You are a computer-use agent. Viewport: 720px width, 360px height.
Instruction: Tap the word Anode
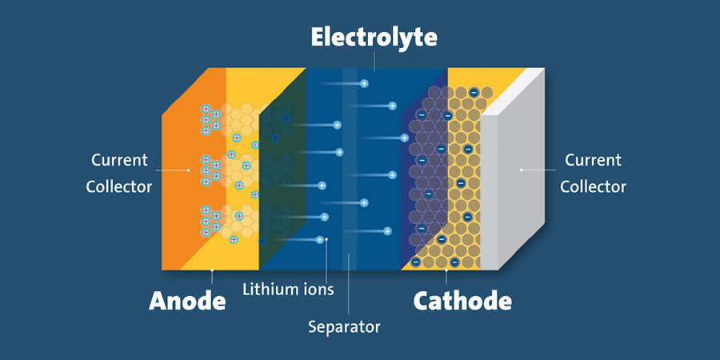click(x=187, y=301)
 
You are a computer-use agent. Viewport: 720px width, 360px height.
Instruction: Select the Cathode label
click(x=462, y=301)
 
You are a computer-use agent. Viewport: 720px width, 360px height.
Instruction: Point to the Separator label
click(x=344, y=327)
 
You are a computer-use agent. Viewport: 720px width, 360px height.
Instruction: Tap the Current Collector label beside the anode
click(x=119, y=173)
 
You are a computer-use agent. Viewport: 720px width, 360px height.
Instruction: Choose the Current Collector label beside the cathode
click(x=593, y=173)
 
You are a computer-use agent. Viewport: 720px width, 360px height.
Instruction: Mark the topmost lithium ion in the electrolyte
click(x=364, y=83)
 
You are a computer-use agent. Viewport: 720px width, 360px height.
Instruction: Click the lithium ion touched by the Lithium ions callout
click(x=320, y=240)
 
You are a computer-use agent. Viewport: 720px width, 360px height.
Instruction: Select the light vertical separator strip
click(x=350, y=169)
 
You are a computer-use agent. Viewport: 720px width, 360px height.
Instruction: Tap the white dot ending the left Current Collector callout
click(x=188, y=170)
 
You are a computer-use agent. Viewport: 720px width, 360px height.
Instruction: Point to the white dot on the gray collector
click(x=521, y=170)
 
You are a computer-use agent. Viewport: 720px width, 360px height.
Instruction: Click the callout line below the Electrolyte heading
click(x=374, y=61)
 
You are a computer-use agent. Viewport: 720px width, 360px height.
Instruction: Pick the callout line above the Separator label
click(x=349, y=284)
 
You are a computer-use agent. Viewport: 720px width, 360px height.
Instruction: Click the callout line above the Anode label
click(x=212, y=277)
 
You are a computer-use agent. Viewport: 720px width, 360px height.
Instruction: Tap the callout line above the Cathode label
click(x=446, y=277)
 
